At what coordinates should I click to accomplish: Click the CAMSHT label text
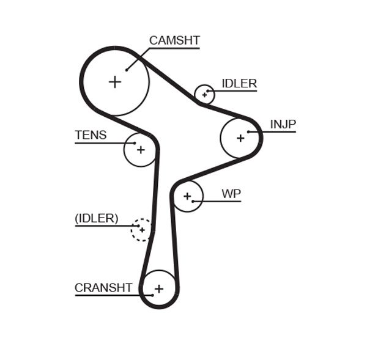click(174, 41)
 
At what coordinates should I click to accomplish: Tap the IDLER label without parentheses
click(239, 84)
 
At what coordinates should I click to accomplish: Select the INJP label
click(283, 125)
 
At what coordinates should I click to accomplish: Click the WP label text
click(231, 194)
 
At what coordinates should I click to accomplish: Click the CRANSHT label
click(103, 288)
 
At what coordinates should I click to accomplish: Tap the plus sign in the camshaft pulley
click(115, 81)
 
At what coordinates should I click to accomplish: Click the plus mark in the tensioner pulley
click(141, 149)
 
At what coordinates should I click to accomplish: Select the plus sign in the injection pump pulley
click(240, 138)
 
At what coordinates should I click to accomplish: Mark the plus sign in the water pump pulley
click(187, 196)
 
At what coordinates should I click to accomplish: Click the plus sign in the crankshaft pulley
click(159, 288)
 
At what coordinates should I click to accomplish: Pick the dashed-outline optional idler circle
click(142, 230)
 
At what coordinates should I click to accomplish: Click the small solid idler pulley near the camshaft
click(204, 95)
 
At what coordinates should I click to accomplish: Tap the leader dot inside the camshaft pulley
click(127, 70)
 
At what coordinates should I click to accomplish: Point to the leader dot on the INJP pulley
click(248, 131)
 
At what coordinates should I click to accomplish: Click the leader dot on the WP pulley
click(193, 201)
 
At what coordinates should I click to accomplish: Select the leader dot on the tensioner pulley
click(135, 143)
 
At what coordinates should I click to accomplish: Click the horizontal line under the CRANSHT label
click(107, 296)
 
